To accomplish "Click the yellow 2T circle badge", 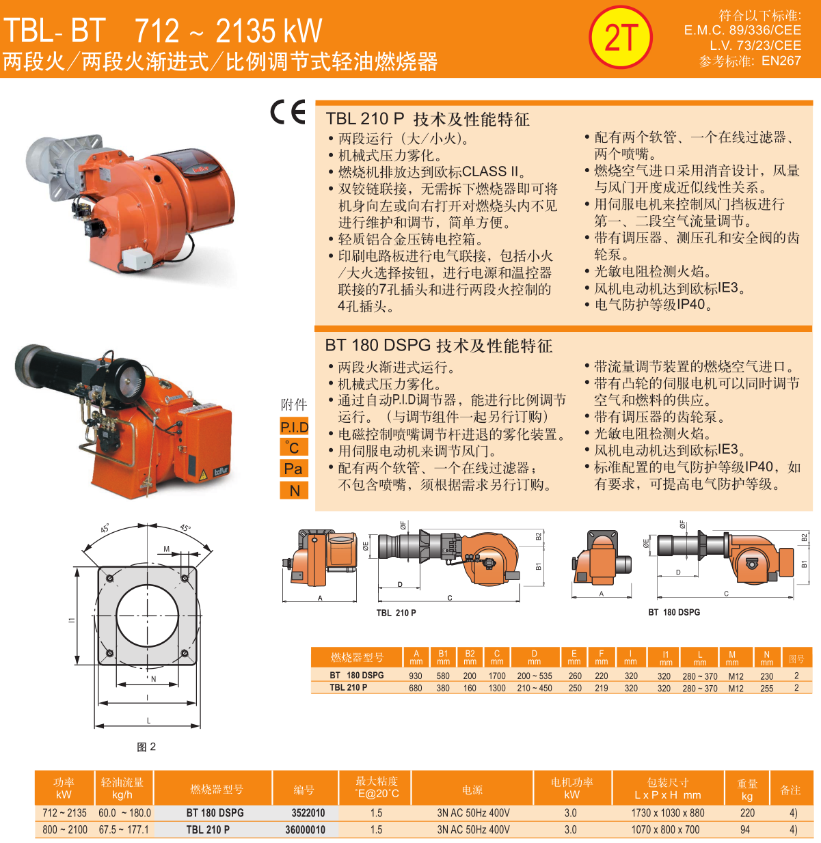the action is (x=620, y=37).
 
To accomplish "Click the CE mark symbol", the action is (x=288, y=112).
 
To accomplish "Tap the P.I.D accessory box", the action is (x=294, y=427).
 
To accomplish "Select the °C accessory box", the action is (x=294, y=447).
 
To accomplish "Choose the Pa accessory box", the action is (x=294, y=469).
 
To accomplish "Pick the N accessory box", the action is (x=294, y=490).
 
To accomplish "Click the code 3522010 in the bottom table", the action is (x=308, y=813).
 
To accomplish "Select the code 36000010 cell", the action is (x=305, y=829).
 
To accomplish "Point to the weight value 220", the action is (x=747, y=813).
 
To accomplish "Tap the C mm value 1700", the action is (x=497, y=676).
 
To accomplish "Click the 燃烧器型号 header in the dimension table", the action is (x=358, y=658).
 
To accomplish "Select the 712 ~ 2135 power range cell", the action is (x=64, y=813).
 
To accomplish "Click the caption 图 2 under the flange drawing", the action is (x=146, y=747).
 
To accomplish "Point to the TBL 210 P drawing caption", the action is (x=396, y=613).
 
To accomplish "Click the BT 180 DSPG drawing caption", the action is (x=674, y=612).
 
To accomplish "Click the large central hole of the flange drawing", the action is (x=148, y=616).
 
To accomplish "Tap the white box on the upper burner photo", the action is (x=137, y=259).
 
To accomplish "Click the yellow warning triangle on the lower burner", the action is (x=203, y=475).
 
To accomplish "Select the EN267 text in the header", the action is (x=781, y=61).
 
